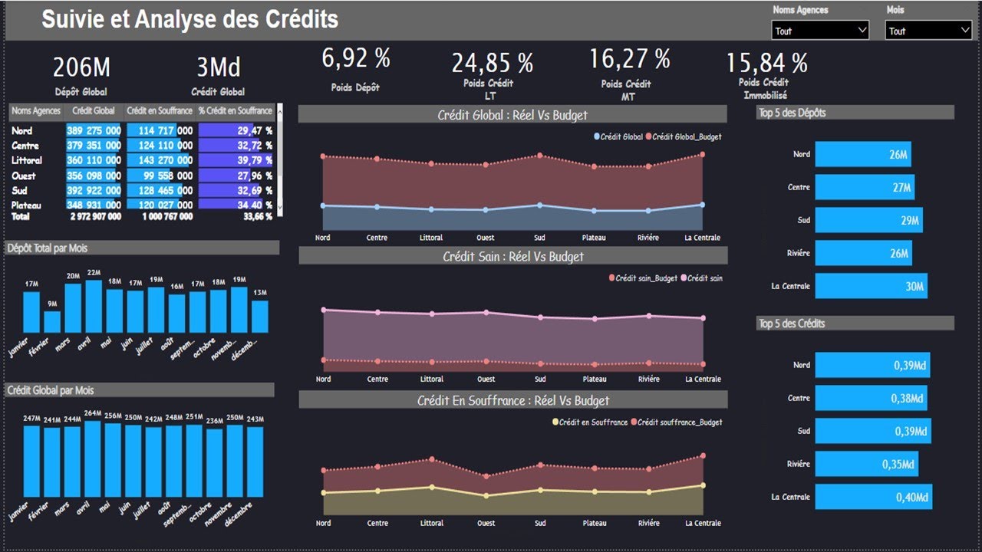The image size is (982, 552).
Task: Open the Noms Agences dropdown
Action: pos(820,31)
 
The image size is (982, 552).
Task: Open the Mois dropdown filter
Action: pos(928,31)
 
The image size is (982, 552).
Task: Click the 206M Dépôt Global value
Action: pos(81,67)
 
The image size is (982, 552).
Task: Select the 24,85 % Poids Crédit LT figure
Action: pos(492,63)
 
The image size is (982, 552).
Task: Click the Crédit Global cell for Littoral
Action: pos(93,160)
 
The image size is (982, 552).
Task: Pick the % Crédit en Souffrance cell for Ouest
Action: pos(236,176)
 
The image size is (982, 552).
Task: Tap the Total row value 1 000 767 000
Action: pos(167,217)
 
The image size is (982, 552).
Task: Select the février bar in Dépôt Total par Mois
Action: pos(52,321)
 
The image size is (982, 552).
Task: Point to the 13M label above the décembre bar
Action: pos(260,292)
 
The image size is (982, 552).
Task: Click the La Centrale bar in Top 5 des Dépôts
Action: pos(871,286)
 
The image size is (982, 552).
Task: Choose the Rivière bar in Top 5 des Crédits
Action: pos(866,464)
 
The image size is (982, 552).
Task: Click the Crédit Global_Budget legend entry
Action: pos(687,136)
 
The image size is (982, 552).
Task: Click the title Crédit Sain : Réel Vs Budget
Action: pos(512,256)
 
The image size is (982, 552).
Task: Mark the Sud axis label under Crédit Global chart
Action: pos(540,238)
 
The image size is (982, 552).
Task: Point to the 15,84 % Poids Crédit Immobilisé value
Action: pos(766,63)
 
